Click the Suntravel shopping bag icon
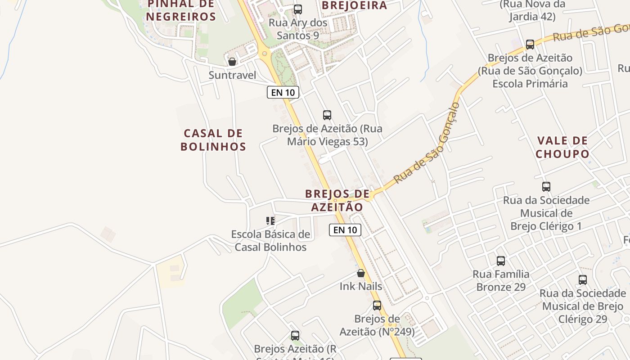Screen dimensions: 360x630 (232, 62)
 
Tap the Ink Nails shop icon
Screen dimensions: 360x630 (361, 273)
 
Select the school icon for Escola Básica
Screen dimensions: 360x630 (270, 220)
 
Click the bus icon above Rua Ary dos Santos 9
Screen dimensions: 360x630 (297, 9)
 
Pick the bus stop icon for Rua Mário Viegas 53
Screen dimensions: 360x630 (327, 115)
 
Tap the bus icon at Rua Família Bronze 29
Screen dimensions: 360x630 (501, 261)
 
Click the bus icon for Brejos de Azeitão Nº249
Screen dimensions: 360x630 (377, 306)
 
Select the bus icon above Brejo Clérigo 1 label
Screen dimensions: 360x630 (546, 186)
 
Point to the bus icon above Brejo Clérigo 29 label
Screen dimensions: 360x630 (583, 279)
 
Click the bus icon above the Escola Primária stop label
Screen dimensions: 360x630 (530, 45)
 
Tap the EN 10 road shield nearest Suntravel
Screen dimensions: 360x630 (283, 92)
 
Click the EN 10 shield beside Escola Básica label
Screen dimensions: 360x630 (345, 230)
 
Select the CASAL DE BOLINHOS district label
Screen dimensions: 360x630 (213, 140)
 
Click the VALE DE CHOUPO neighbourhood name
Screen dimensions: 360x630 (562, 147)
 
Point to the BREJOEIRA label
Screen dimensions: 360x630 (355, 5)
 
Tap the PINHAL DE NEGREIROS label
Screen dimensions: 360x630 (181, 11)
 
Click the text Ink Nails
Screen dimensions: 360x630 (361, 286)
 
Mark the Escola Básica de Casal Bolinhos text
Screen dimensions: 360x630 (270, 241)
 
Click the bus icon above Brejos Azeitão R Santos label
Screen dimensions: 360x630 (295, 335)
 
